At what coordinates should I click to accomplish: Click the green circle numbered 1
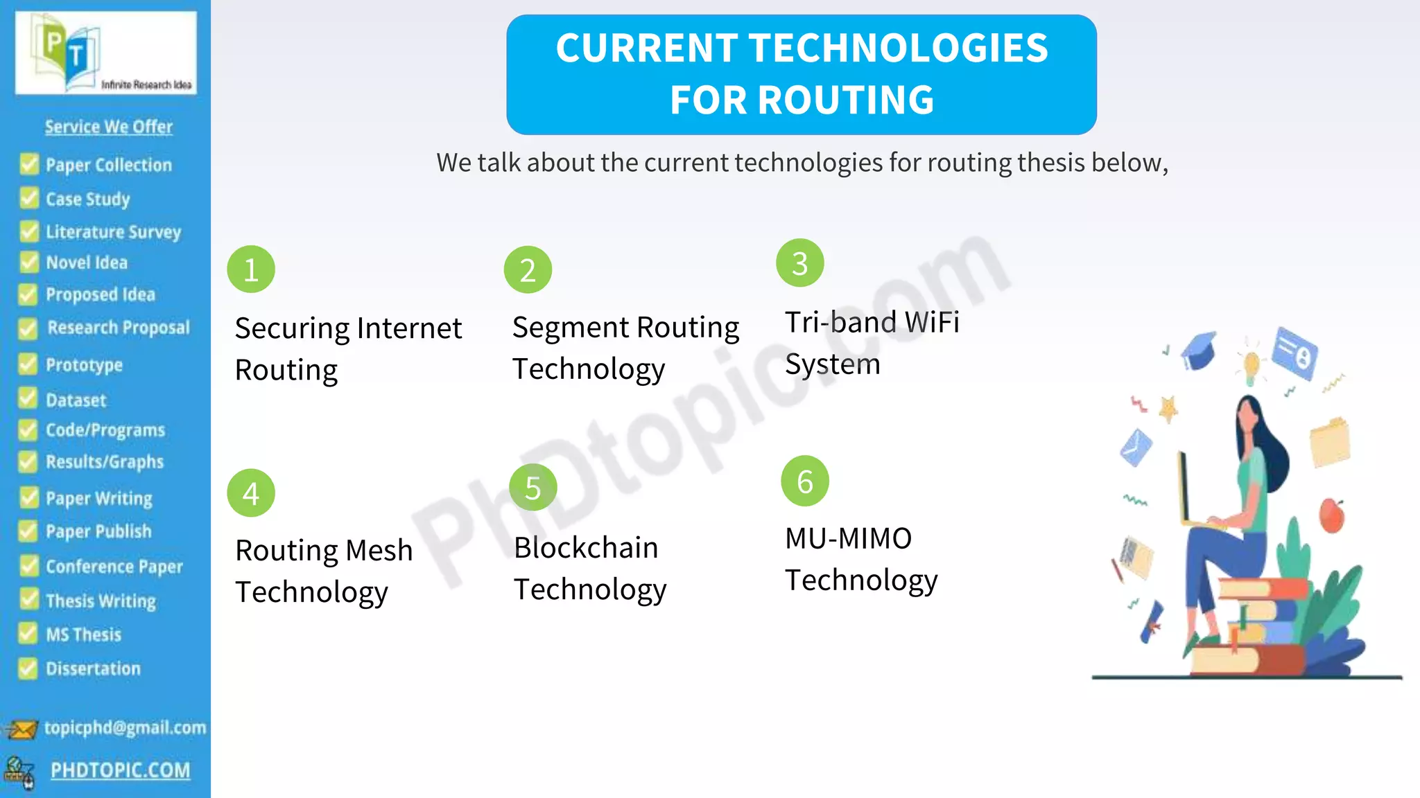pos(251,269)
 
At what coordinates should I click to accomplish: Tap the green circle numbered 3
pos(800,263)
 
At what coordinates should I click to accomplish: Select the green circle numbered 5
pos(532,488)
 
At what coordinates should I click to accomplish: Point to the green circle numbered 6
pos(805,481)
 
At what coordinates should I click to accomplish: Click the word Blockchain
pos(586,548)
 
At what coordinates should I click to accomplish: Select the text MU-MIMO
pos(848,538)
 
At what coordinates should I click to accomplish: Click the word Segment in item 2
pos(571,328)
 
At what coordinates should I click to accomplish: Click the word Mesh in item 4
pos(379,551)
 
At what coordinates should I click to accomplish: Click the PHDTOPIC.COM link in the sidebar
pos(120,770)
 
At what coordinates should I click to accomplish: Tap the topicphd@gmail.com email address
pos(125,727)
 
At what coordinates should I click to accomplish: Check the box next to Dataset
pos(28,399)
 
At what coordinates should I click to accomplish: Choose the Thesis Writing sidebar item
pos(101,601)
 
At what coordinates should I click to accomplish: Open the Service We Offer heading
pos(109,127)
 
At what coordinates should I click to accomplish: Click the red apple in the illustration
pos(1331,515)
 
